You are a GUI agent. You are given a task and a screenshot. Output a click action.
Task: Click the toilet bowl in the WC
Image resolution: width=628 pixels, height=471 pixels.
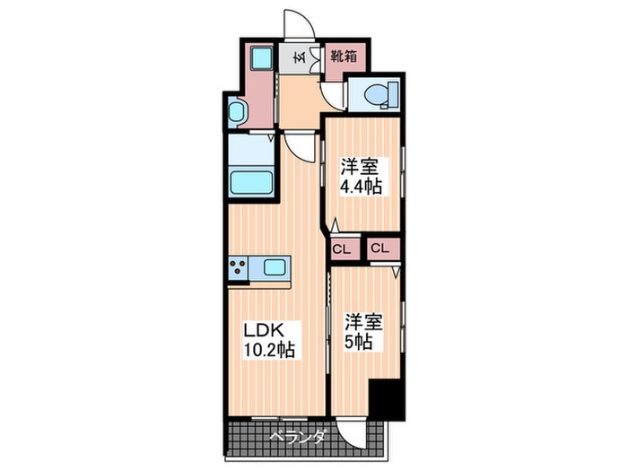pos(376,95)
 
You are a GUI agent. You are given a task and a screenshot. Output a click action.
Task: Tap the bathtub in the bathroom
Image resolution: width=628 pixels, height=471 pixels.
pos(252,183)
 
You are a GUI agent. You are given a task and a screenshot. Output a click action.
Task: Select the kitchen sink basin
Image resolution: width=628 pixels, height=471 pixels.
pos(275,267)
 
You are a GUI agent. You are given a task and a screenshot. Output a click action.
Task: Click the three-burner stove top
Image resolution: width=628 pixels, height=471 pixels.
pos(238,267)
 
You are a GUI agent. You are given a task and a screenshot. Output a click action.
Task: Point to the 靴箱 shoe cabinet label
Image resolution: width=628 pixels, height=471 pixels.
pos(344,57)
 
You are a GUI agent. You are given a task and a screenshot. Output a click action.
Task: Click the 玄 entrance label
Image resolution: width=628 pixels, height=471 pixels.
pos(300,57)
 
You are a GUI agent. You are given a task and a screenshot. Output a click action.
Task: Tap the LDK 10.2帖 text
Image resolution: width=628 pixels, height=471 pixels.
pos(269,340)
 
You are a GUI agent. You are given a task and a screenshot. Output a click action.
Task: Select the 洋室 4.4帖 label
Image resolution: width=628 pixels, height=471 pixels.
pos(361,176)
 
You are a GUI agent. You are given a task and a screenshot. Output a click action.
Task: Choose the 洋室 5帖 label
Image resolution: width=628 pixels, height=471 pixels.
pos(363,332)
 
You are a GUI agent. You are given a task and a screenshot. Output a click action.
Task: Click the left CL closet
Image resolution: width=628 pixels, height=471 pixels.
pos(341,249)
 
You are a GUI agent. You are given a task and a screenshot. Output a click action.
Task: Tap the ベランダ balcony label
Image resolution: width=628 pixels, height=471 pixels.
pos(297,436)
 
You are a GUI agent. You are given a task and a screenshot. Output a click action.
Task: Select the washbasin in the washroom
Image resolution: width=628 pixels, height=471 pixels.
pos(236,112)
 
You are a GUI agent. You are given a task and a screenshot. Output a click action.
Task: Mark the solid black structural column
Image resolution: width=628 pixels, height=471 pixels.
pos(387,398)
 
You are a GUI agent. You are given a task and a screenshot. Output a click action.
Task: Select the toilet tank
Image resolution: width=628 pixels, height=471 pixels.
pos(393,95)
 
